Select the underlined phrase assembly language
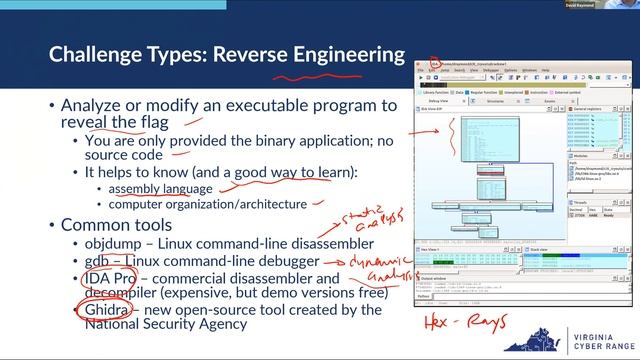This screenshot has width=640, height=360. [160, 188]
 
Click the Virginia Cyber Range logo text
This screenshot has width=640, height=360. [598, 339]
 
